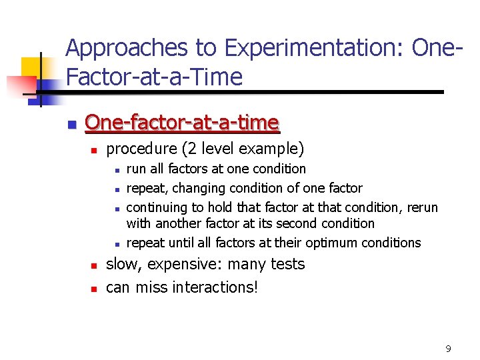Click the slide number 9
click(x=448, y=349)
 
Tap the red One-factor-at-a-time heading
click(x=182, y=123)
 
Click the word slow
click(x=123, y=264)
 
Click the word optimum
click(x=335, y=243)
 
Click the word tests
click(x=285, y=264)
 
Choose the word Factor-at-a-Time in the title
click(x=154, y=77)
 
